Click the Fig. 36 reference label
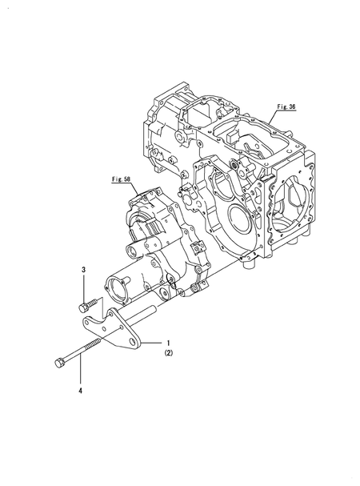click(286, 106)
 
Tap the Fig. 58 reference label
click(121, 179)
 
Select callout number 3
click(83, 270)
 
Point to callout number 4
click(81, 392)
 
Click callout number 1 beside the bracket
click(168, 343)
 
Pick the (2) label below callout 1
click(169, 353)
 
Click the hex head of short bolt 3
click(83, 307)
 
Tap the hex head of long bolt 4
click(59, 363)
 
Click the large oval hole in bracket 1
click(134, 342)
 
